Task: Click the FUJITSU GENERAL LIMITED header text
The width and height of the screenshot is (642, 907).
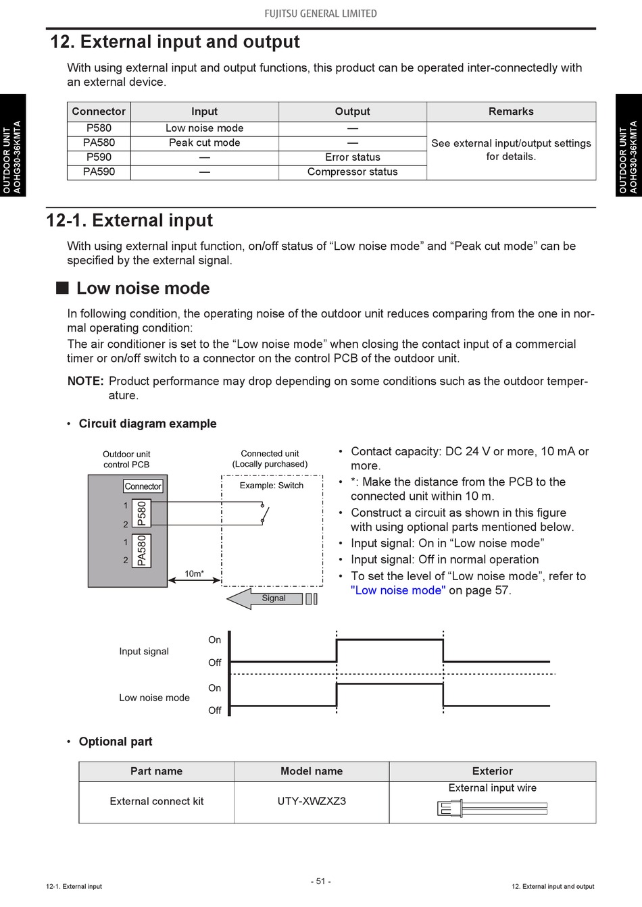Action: [320, 14]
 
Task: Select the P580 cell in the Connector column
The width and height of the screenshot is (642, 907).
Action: [99, 128]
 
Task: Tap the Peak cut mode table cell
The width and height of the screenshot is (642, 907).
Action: [204, 142]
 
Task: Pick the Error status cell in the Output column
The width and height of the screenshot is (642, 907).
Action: [352, 157]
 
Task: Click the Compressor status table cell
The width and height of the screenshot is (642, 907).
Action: [352, 172]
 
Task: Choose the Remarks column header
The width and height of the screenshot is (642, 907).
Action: [511, 111]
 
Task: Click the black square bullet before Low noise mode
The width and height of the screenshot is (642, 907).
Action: [63, 288]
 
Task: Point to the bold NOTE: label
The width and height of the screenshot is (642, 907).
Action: [85, 381]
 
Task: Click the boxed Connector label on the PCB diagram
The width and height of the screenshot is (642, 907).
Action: [143, 486]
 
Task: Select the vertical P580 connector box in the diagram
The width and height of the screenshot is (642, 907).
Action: [141, 513]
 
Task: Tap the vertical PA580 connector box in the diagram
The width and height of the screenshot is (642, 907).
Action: [141, 550]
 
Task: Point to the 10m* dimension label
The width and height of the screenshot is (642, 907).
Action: [194, 574]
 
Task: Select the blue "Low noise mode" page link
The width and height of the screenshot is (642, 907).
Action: [398, 590]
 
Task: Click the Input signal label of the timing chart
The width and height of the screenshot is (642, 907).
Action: [144, 651]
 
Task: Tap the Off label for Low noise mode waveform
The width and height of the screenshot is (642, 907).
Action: [215, 710]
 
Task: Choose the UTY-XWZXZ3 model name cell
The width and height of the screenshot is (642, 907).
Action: [312, 802]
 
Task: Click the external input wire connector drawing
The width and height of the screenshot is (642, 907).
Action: [492, 808]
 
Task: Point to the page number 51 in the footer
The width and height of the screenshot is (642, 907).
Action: [320, 881]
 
